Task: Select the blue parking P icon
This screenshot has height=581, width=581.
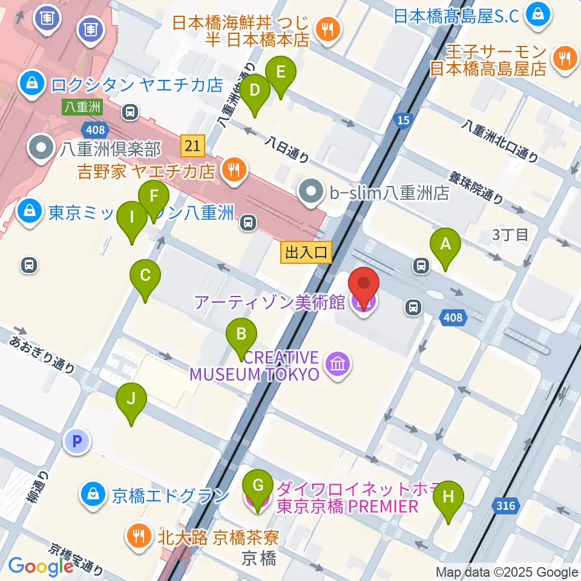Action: (x=77, y=441)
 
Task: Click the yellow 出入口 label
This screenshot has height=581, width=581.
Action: (x=307, y=252)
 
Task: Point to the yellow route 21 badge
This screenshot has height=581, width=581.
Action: (x=192, y=145)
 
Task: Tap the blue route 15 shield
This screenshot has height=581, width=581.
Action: (x=402, y=120)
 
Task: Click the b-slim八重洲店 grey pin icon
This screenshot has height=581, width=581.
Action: (x=312, y=193)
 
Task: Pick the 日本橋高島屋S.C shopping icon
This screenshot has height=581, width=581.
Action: (x=537, y=15)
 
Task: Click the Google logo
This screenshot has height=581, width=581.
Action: (x=41, y=566)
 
